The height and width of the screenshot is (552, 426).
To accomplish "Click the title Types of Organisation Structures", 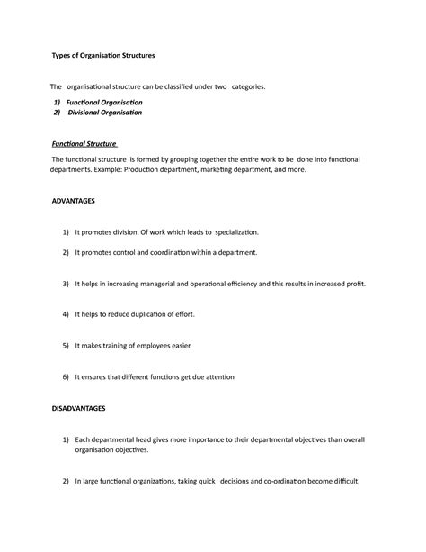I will (x=103, y=55).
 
